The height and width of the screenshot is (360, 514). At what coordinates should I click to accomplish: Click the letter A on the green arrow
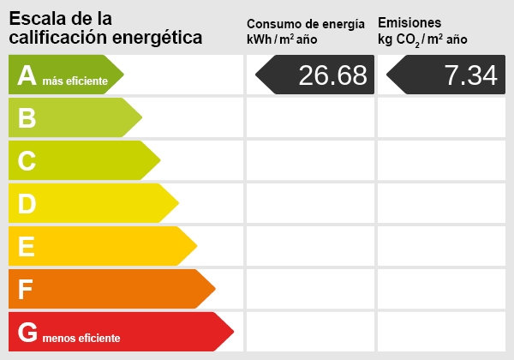27,75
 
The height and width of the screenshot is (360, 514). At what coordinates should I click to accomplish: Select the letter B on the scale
27,118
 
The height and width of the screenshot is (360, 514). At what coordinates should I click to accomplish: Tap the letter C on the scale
27,161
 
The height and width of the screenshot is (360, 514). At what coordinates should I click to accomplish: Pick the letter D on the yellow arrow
27,204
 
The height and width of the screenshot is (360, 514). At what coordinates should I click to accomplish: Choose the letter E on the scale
27,247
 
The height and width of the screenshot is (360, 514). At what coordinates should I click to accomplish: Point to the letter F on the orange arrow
26,290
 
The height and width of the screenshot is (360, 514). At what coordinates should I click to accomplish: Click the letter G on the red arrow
28,333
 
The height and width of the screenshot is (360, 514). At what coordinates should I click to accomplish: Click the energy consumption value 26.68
332,75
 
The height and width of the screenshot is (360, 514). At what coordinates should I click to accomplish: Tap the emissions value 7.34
470,75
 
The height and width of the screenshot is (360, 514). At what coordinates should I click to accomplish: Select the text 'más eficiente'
75,81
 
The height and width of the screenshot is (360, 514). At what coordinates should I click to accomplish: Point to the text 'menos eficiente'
81,339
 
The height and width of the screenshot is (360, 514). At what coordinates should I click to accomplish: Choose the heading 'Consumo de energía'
311,24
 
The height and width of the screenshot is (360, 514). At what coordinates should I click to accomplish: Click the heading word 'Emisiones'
409,23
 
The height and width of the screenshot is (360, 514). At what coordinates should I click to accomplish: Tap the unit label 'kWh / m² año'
282,39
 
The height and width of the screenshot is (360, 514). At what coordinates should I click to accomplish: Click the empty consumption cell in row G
310,332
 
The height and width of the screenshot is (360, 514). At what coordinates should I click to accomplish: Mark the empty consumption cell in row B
310,117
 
